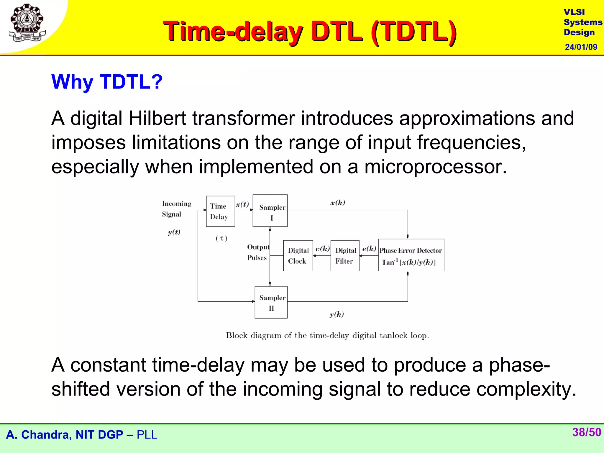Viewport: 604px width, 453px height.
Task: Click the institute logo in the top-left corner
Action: click(27, 23)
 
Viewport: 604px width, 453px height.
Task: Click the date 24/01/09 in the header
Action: click(581, 47)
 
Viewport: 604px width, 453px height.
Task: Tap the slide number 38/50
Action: click(586, 432)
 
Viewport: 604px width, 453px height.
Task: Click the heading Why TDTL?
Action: click(107, 82)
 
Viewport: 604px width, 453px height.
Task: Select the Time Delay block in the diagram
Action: click(220, 211)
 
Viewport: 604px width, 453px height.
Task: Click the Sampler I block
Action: click(270, 211)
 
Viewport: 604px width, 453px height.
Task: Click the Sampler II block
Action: click(271, 302)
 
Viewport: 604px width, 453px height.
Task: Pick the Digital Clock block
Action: click(298, 255)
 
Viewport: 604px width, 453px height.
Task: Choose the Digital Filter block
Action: click(345, 255)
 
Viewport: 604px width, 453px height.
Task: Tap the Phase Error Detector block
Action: click(411, 255)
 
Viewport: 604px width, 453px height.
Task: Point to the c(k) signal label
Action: click(322, 249)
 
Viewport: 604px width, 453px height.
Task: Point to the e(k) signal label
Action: click(369, 249)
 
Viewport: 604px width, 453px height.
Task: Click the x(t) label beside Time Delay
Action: click(242, 204)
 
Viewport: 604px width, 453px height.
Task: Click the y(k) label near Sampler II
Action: click(337, 314)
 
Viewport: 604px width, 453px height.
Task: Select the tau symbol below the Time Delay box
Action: click(221, 238)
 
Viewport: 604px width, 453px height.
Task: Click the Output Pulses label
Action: click(257, 252)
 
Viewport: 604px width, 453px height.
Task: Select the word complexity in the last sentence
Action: click(526, 389)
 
